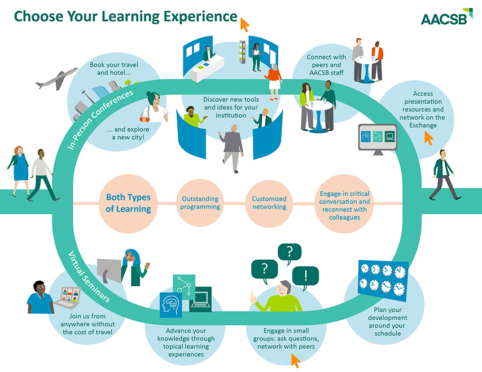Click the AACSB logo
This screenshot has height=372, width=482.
click(446, 16)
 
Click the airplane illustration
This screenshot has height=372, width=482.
click(56, 78)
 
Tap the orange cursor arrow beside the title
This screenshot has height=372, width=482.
click(244, 25)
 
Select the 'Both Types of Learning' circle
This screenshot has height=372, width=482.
click(129, 203)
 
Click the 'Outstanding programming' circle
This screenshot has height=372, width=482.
click(200, 203)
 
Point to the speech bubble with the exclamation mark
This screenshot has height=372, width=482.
click(305, 276)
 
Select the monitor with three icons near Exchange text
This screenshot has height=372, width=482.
click(378, 139)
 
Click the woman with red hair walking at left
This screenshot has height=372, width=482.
click(19, 171)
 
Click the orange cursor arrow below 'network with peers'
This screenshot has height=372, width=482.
click(295, 361)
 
